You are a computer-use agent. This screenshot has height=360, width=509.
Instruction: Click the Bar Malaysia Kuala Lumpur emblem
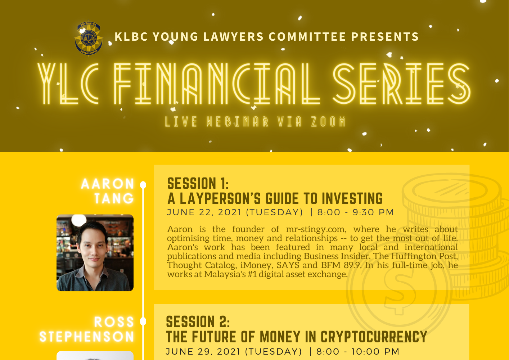(x=89, y=39)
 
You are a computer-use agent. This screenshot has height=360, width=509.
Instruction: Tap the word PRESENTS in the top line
(x=385, y=37)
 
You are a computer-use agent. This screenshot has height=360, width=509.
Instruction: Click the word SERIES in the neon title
(x=401, y=84)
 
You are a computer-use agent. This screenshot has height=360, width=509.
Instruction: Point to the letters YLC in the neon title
(x=68, y=84)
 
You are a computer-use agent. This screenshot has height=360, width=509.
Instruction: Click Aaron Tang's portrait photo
(x=95, y=253)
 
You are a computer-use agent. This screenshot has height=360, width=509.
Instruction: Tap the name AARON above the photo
(x=108, y=184)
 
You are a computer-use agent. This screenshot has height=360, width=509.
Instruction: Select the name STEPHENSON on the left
(x=87, y=336)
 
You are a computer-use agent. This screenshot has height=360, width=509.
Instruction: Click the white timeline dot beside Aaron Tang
(x=143, y=185)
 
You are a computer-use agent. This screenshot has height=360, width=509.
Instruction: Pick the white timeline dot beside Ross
(x=143, y=321)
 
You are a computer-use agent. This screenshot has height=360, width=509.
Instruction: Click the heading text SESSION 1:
(x=198, y=184)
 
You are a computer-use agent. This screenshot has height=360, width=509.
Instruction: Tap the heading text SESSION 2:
(x=198, y=322)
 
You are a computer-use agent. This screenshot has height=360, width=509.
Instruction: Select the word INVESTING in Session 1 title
(x=352, y=199)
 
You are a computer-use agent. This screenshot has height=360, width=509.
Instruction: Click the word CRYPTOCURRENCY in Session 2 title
(x=374, y=337)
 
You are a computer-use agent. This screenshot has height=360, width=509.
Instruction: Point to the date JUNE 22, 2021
(x=204, y=212)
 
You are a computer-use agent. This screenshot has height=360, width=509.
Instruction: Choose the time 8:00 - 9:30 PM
(x=356, y=212)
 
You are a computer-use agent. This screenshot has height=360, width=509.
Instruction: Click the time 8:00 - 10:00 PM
(x=358, y=352)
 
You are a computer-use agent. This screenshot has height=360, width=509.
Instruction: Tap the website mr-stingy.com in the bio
(x=316, y=229)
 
